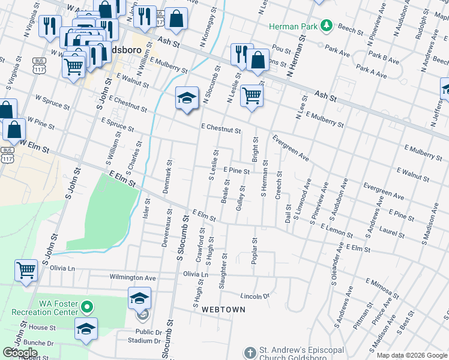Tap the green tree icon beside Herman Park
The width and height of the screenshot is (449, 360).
[x=326, y=26]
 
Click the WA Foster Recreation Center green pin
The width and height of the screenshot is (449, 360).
[x=88, y=308]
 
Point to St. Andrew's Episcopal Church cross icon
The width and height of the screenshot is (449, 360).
[x=250, y=352]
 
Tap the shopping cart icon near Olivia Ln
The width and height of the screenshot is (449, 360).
[x=26, y=271]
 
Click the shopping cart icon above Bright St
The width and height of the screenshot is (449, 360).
[x=252, y=95]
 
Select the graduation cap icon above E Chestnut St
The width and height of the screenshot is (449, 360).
[x=187, y=97]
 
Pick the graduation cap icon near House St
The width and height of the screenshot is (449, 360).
[x=86, y=328]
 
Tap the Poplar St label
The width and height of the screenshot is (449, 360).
[x=255, y=251]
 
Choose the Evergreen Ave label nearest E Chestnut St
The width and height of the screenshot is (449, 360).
[x=291, y=148]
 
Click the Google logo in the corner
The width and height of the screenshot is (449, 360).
[x=20, y=352]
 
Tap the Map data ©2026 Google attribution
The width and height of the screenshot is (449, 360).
[x=411, y=355]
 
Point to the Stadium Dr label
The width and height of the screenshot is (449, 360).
[x=136, y=340]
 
